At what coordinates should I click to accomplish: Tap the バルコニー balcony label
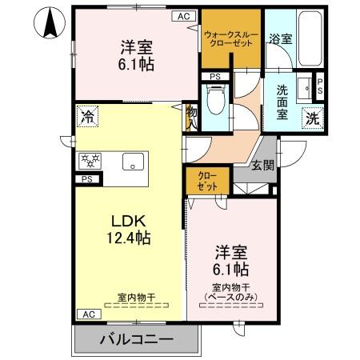(x=136, y=339)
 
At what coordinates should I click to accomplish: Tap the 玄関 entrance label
(x=262, y=166)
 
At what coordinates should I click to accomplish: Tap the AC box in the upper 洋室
(x=183, y=15)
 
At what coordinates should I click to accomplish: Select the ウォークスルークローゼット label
(x=231, y=38)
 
